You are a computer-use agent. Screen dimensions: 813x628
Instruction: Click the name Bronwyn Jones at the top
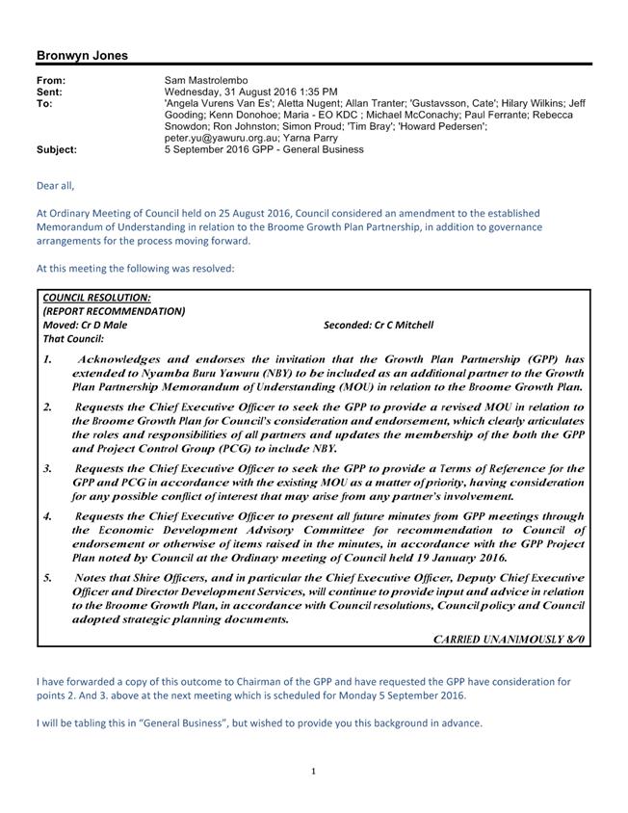click(x=82, y=56)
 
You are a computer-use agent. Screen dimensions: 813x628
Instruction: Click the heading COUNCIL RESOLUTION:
click(x=96, y=298)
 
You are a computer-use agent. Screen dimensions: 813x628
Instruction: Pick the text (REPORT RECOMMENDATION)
click(x=114, y=311)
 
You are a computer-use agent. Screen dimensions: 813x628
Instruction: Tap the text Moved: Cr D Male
click(x=86, y=325)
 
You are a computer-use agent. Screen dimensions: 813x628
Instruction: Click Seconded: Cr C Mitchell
click(x=379, y=325)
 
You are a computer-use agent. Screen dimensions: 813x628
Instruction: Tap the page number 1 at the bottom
click(x=314, y=771)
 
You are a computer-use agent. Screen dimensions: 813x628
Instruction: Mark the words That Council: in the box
click(x=73, y=338)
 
